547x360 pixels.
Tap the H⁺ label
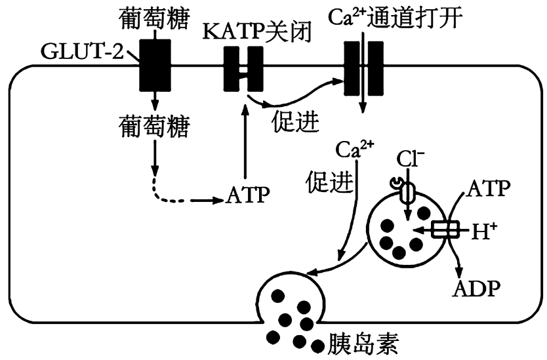coord(484,230)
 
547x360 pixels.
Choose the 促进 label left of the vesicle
coord(328,181)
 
